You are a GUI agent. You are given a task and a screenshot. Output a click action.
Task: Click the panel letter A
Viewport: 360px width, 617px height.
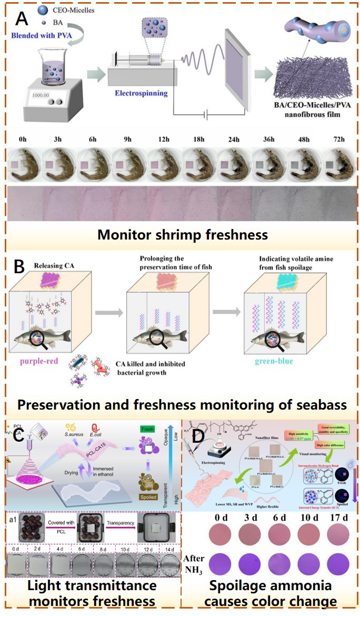coord(22,19)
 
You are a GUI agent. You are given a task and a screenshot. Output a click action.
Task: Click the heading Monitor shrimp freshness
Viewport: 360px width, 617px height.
coord(182,234)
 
